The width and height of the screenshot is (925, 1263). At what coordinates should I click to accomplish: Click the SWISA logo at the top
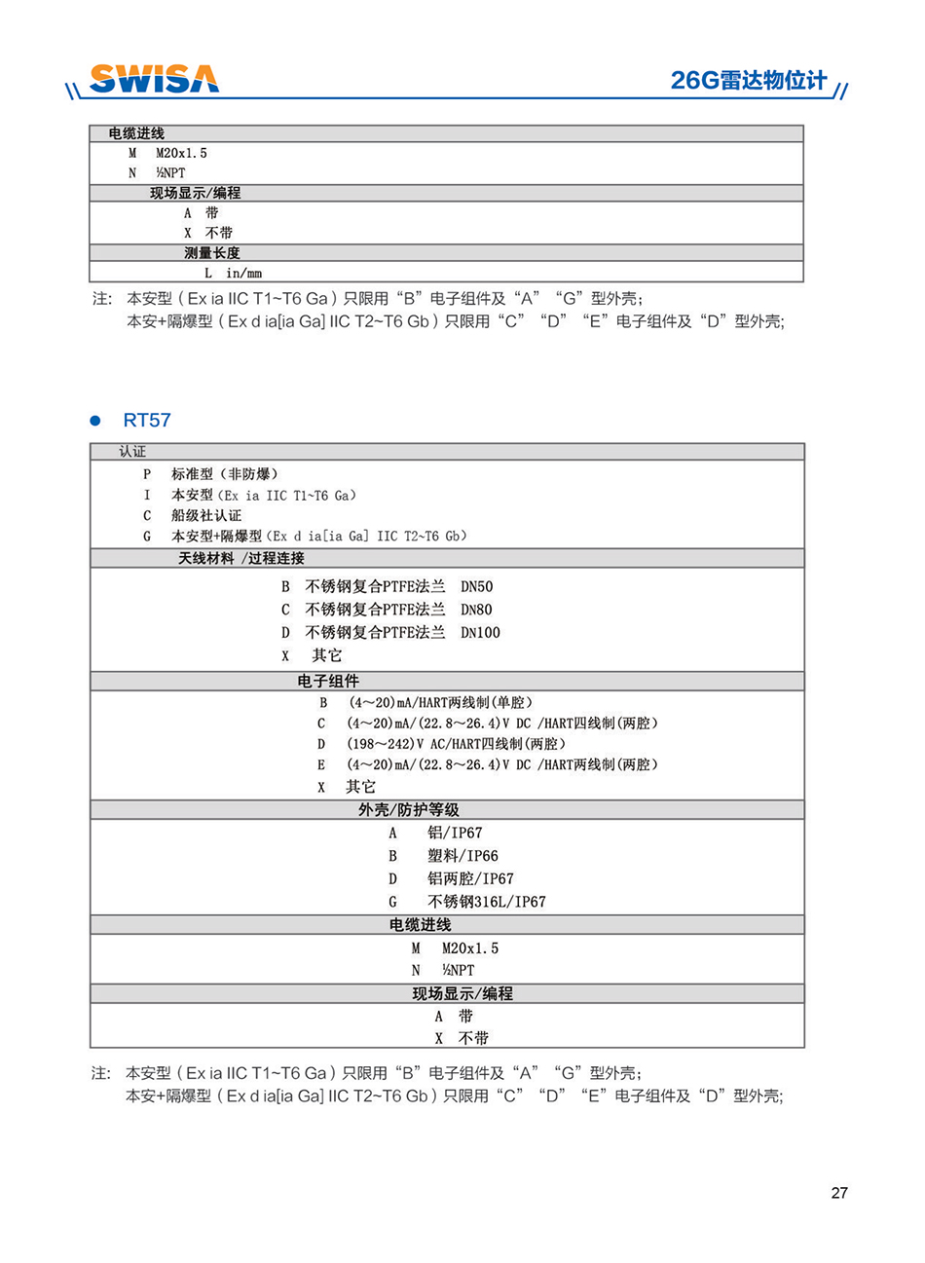(x=154, y=79)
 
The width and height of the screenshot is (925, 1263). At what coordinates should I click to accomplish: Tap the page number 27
(x=839, y=1193)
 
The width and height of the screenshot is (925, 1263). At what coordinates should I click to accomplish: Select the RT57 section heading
(x=147, y=421)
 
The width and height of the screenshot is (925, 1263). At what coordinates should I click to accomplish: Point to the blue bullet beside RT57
(x=95, y=421)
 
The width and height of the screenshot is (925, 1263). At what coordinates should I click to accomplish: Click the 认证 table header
(x=132, y=452)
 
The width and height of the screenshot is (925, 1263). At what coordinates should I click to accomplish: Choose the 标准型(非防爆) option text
(x=225, y=474)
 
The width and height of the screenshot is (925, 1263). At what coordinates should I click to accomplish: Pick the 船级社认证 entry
(x=206, y=515)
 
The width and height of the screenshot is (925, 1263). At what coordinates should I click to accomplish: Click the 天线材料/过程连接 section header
(x=241, y=558)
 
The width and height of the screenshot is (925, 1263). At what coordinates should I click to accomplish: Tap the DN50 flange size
(x=477, y=586)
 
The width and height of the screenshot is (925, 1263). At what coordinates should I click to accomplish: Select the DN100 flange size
(x=481, y=632)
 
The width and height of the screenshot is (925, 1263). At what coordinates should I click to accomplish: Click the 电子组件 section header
(x=328, y=681)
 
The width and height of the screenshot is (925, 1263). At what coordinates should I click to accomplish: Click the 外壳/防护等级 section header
(x=409, y=809)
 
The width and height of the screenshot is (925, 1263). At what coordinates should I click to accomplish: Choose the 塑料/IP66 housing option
(x=462, y=856)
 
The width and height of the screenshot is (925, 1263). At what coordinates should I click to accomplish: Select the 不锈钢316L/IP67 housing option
(x=487, y=902)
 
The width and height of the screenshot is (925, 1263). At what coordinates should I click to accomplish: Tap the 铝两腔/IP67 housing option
(x=470, y=878)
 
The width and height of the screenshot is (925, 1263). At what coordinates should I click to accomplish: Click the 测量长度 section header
(x=212, y=253)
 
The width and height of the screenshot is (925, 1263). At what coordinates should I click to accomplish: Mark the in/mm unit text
(x=244, y=274)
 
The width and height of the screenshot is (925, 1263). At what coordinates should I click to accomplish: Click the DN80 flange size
(x=477, y=610)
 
